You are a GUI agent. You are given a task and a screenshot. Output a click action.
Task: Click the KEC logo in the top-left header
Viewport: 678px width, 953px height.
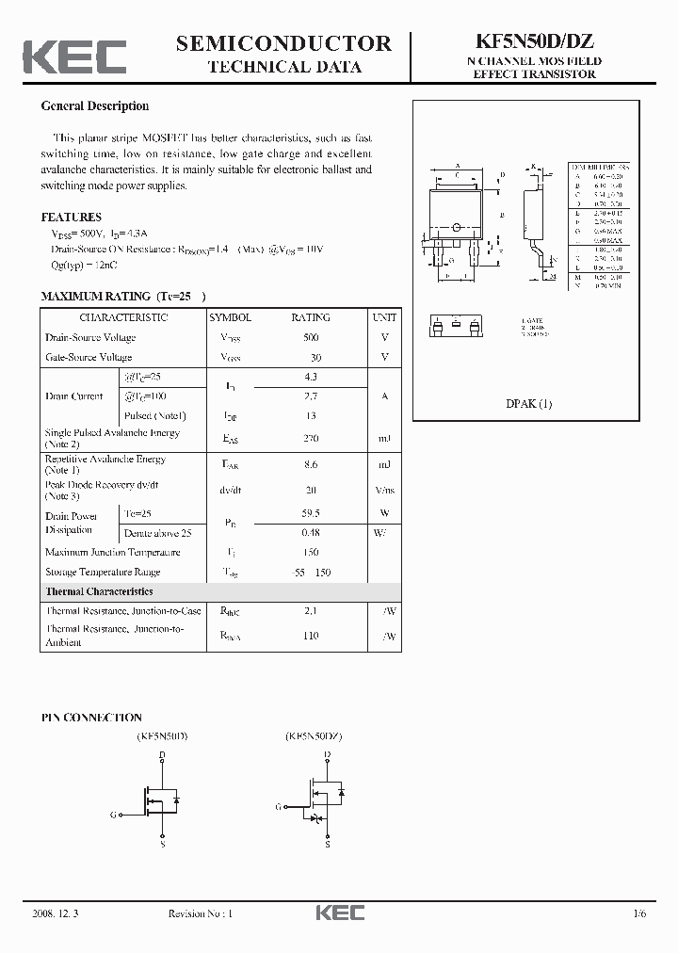(74, 57)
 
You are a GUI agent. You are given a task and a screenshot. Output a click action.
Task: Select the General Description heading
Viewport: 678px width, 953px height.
(94, 106)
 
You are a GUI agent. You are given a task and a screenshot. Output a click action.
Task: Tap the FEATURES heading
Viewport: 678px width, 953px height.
(72, 218)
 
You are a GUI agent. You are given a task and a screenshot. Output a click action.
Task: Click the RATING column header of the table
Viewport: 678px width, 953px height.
(311, 318)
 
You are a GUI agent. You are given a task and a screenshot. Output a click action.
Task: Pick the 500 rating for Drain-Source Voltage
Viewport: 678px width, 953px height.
(311, 337)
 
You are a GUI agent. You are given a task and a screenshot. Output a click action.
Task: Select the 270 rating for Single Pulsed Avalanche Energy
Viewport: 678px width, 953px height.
(311, 439)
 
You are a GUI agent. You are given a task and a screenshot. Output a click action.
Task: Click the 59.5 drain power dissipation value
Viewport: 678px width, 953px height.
(311, 514)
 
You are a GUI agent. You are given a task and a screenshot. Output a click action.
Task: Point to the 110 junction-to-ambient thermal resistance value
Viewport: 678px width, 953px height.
(311, 636)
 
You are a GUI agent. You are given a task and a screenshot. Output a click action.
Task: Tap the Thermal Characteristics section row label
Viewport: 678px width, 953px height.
(99, 591)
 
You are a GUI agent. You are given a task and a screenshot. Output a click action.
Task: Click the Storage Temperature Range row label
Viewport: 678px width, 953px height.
(103, 572)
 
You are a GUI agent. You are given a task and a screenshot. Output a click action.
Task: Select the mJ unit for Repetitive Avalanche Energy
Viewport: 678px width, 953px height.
(384, 464)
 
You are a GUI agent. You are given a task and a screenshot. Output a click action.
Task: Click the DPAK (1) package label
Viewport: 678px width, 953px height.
(529, 404)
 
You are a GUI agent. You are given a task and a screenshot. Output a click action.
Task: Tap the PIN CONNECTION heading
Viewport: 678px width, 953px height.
(91, 718)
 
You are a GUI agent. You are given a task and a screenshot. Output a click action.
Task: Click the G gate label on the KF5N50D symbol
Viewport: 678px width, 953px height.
(113, 815)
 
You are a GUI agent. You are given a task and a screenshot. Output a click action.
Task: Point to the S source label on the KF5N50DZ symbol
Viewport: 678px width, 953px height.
(328, 845)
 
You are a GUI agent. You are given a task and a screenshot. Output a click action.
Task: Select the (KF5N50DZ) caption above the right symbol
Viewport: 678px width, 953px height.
(315, 735)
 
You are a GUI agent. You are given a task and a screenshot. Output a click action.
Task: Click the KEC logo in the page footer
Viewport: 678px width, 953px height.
(339, 913)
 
